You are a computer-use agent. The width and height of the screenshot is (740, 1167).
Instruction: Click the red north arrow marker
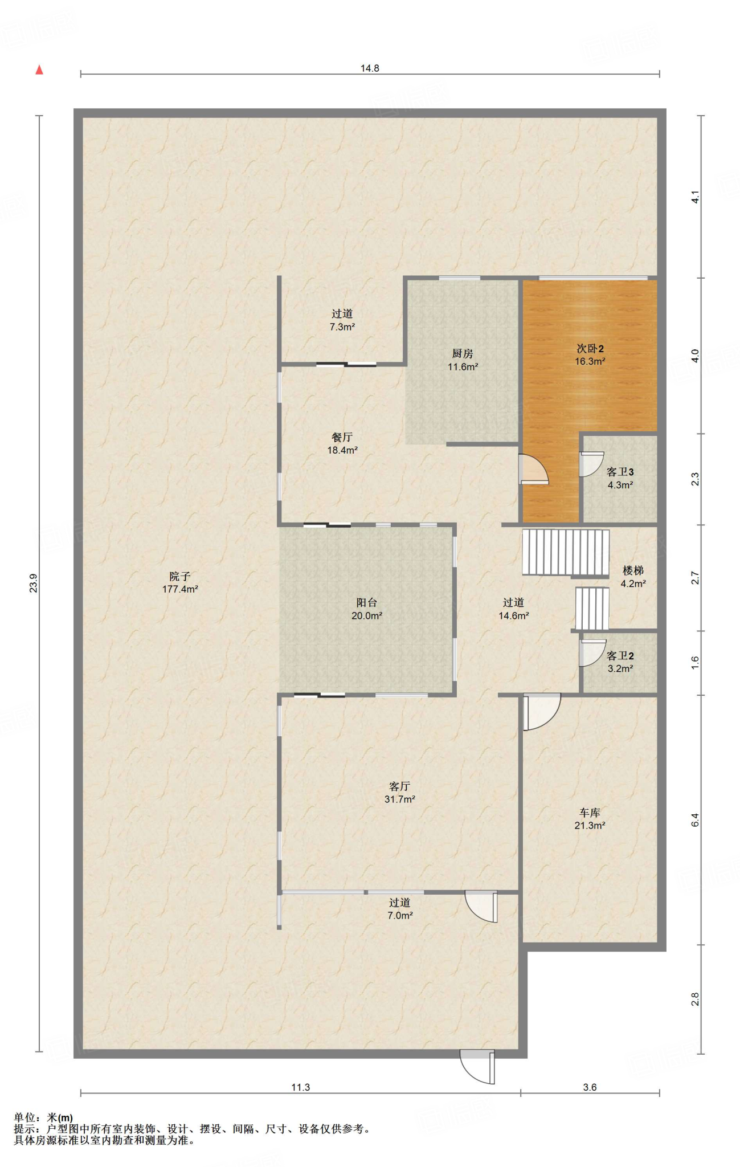point(39,70)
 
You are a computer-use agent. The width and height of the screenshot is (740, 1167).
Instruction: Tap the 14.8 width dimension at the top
point(370,68)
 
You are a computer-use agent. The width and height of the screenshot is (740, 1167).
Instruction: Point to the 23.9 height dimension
point(34,583)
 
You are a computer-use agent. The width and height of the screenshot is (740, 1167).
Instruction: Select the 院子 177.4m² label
point(180,583)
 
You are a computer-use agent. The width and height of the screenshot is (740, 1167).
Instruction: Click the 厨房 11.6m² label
point(463,360)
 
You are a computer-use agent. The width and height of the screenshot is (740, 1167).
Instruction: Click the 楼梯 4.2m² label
point(633,577)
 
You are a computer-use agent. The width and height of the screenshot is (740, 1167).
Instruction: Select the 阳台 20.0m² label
point(367,609)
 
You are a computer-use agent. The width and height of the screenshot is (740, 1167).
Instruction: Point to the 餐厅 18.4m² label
point(342,443)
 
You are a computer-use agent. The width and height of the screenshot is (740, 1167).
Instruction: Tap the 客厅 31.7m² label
point(400,793)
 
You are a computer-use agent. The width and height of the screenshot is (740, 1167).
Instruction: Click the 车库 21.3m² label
point(590,819)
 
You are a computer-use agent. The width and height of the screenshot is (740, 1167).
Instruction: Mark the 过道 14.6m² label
point(514,609)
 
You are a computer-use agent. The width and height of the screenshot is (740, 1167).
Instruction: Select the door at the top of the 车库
point(542,712)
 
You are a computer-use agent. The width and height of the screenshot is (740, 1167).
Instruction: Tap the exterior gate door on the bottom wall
point(477,1067)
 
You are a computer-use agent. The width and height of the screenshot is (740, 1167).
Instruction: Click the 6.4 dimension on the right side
point(695,820)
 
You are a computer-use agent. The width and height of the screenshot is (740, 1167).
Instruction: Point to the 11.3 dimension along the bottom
point(301,1087)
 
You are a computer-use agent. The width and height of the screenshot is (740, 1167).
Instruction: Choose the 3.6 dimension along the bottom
point(590,1087)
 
